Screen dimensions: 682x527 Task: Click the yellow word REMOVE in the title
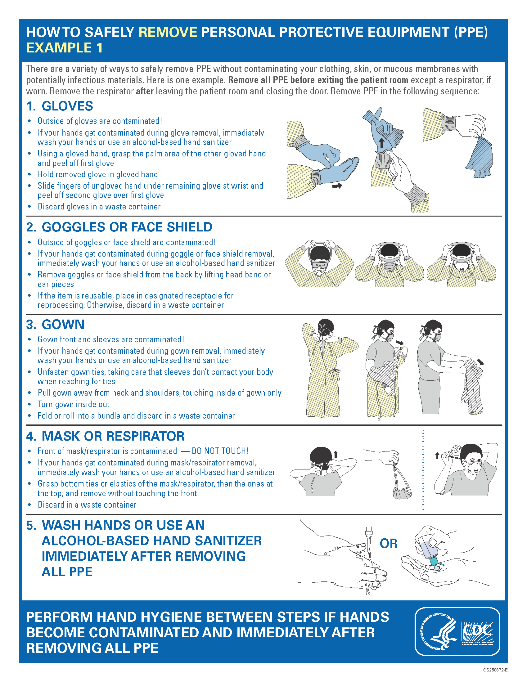coord(168,32)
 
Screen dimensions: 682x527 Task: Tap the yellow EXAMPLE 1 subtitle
coord(64,48)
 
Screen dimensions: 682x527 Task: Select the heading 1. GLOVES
coord(60,106)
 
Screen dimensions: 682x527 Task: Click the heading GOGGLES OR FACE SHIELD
coord(127,227)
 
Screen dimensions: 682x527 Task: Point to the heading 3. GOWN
coord(55,324)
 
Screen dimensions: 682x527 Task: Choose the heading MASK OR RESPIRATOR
coord(113,436)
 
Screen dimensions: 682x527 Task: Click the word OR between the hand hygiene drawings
coord(388,544)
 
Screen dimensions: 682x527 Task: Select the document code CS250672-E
coord(495,670)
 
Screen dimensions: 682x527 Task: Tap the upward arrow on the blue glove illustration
coord(382,143)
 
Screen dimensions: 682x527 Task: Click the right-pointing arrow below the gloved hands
coord(337,186)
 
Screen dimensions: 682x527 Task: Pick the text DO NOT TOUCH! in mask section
coord(220,451)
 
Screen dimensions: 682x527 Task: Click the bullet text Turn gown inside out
coord(73,404)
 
